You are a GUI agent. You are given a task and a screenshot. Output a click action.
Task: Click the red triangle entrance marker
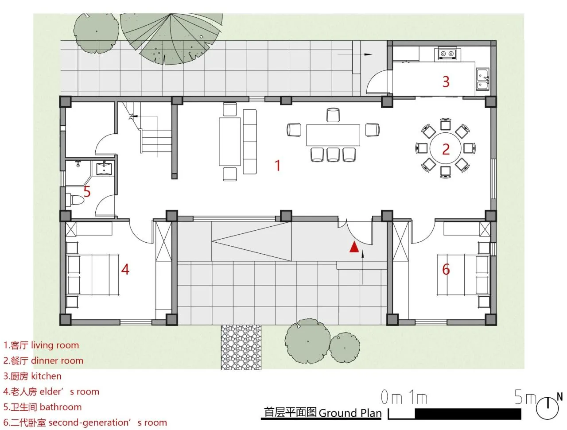tap(354, 247)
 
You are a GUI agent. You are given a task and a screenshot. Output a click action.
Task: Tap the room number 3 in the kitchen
tap(446, 81)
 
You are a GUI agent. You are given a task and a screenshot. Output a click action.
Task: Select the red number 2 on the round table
tap(446, 149)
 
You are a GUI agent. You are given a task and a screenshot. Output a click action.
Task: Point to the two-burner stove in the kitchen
tap(447, 54)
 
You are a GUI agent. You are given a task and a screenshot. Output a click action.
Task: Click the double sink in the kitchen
tap(482, 79)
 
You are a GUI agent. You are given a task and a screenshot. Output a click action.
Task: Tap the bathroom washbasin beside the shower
tap(105, 168)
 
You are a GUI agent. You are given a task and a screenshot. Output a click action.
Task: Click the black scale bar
tap(454, 414)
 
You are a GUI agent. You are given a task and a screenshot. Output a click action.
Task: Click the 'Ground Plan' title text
tap(350, 413)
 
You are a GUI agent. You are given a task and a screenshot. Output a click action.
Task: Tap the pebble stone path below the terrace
tap(241, 347)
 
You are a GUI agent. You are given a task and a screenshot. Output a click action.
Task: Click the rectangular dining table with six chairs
tap(333, 135)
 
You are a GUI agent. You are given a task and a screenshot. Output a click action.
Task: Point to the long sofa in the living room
tap(249, 142)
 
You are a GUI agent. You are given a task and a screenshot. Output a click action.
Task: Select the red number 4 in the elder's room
tap(125, 269)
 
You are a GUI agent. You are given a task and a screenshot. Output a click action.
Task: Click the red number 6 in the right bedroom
tap(446, 269)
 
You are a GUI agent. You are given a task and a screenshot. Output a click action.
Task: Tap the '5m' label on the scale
tap(525, 397)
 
